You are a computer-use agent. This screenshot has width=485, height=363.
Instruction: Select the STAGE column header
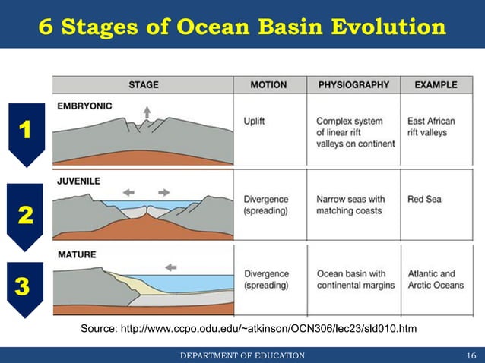tap(144, 84)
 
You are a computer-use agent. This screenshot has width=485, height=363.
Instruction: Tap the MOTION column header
tap(270, 84)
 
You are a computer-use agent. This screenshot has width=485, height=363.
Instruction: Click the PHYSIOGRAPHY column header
tap(353, 84)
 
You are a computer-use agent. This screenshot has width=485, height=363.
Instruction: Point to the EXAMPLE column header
tap(436, 84)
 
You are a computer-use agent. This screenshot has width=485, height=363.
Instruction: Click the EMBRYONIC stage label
tap(85, 106)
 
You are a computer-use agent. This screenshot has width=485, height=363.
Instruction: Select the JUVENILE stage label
tap(79, 181)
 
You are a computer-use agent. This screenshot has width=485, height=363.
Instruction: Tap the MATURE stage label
tap(77, 254)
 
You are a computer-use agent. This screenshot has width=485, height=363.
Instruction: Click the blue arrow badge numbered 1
tap(25, 134)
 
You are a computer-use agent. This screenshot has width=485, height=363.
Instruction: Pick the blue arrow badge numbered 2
tap(25, 216)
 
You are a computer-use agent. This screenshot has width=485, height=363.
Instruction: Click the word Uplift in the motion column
tap(255, 121)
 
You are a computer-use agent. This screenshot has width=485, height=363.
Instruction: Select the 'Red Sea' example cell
tap(424, 200)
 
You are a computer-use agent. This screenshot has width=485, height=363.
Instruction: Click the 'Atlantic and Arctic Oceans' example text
tap(435, 279)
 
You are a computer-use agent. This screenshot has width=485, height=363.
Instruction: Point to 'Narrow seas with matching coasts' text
tap(350, 205)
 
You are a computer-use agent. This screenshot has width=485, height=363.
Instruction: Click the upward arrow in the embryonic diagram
tap(147, 112)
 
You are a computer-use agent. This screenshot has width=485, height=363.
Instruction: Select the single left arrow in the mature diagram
tap(171, 267)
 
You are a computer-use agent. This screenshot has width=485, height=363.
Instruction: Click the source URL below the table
tap(249, 328)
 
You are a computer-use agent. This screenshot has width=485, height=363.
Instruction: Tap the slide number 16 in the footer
tap(471, 355)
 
